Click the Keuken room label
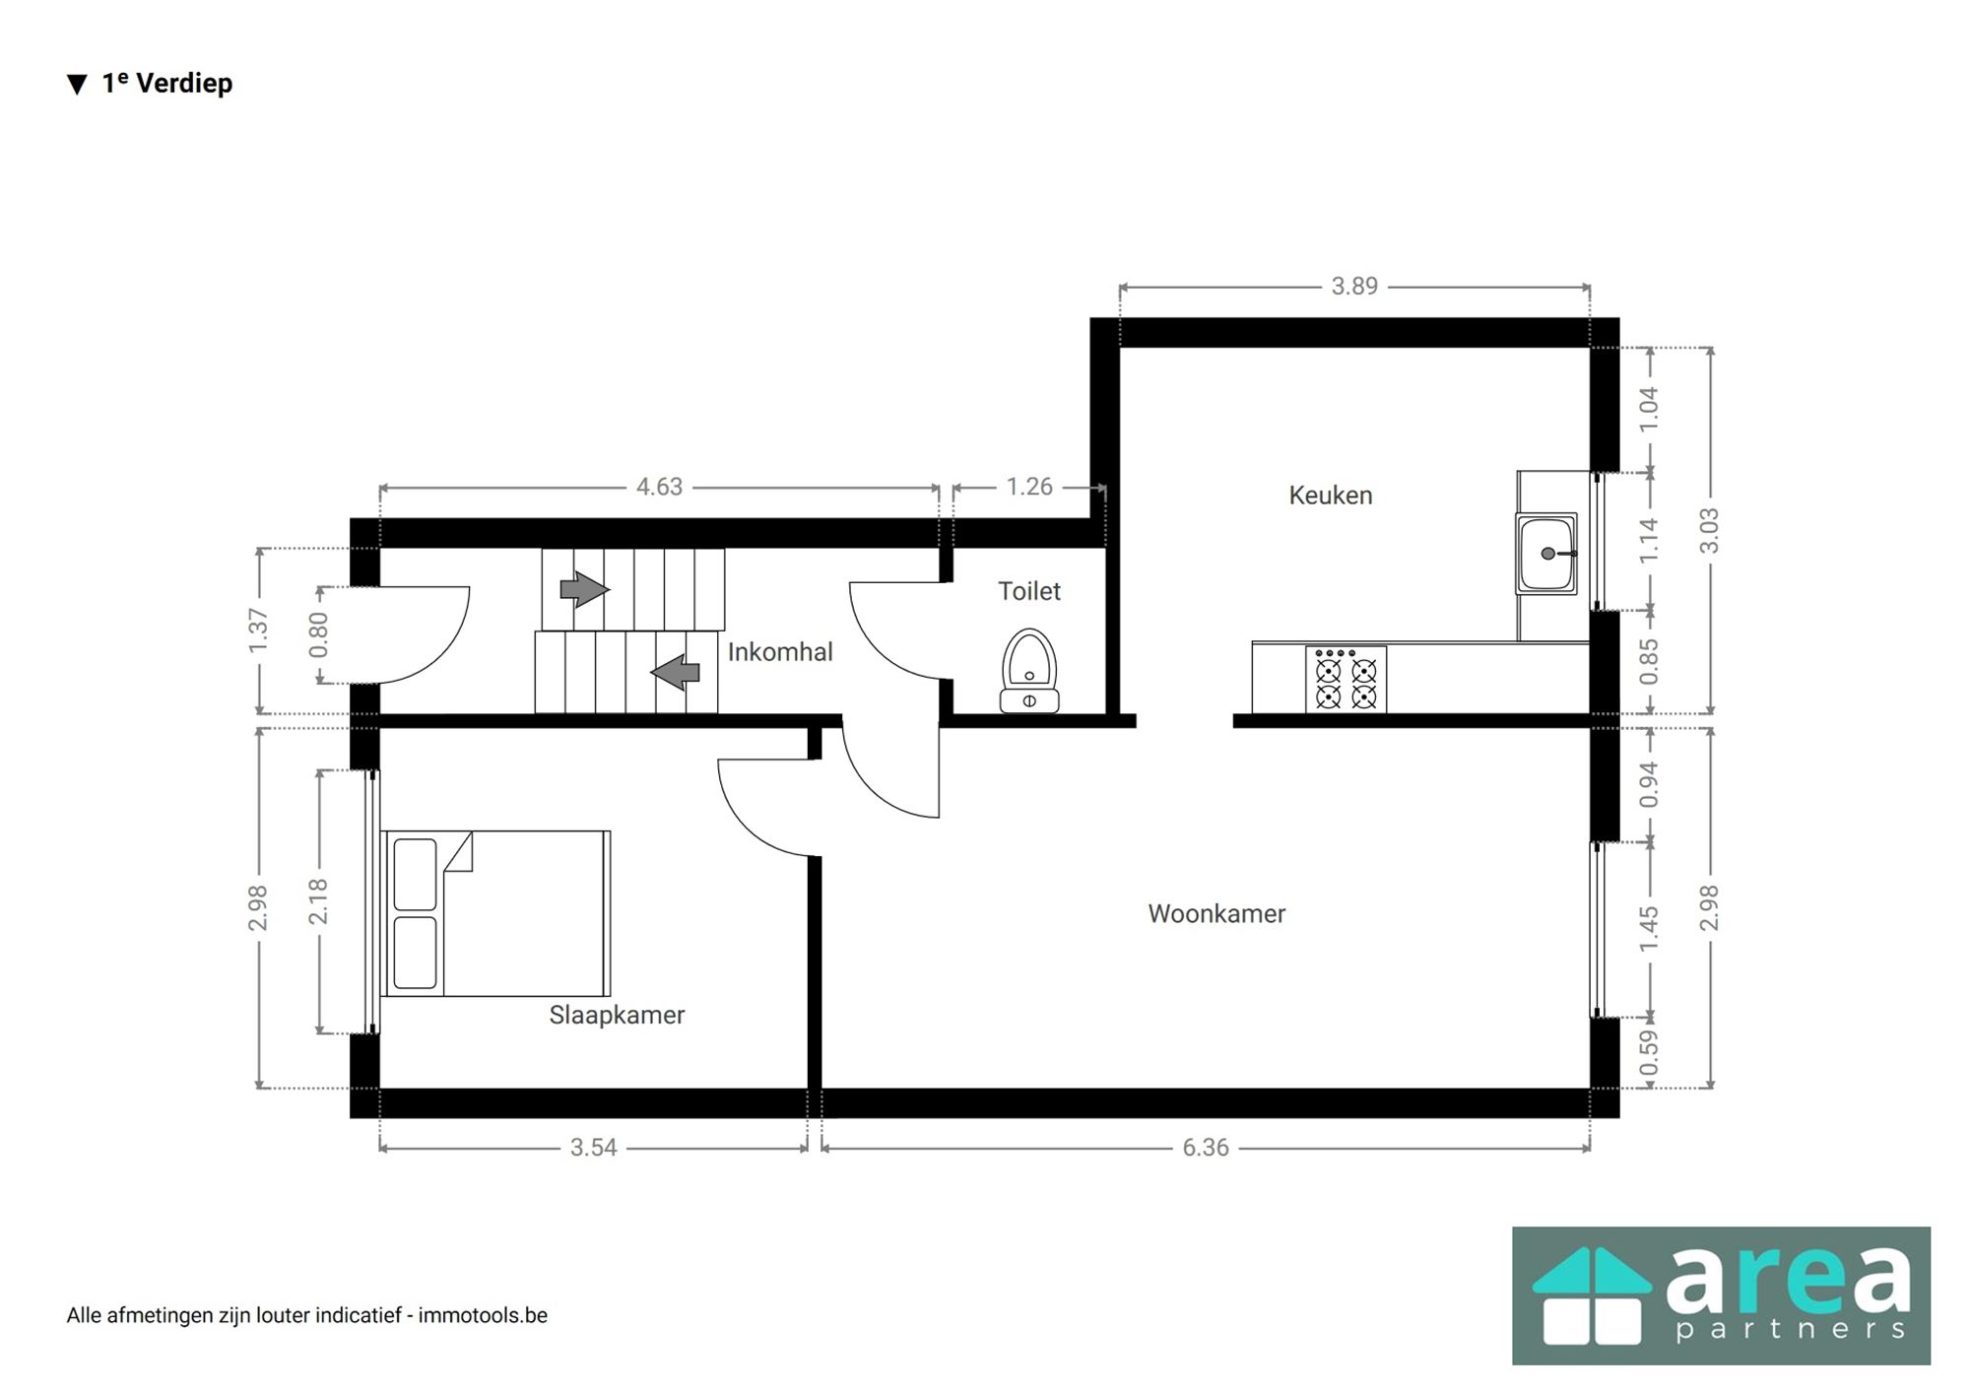[x=1330, y=496]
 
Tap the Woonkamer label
[x=1216, y=914]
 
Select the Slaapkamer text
[x=617, y=1015]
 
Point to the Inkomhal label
[x=780, y=652]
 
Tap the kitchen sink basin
[x=1546, y=554]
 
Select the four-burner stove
[x=1346, y=679]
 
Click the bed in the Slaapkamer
[x=495, y=913]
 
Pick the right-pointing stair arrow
[x=584, y=590]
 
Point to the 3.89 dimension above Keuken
[x=1354, y=287]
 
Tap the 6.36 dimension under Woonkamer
[x=1206, y=1148]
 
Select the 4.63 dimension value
[x=659, y=487]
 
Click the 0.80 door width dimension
[x=318, y=634]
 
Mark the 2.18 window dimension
[x=318, y=901]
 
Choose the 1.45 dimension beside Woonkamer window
[x=1649, y=929]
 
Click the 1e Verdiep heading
[x=166, y=84]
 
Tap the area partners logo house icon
[x=1592, y=1295]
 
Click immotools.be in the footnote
[x=483, y=1315]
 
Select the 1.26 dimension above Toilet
[x=1029, y=487]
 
